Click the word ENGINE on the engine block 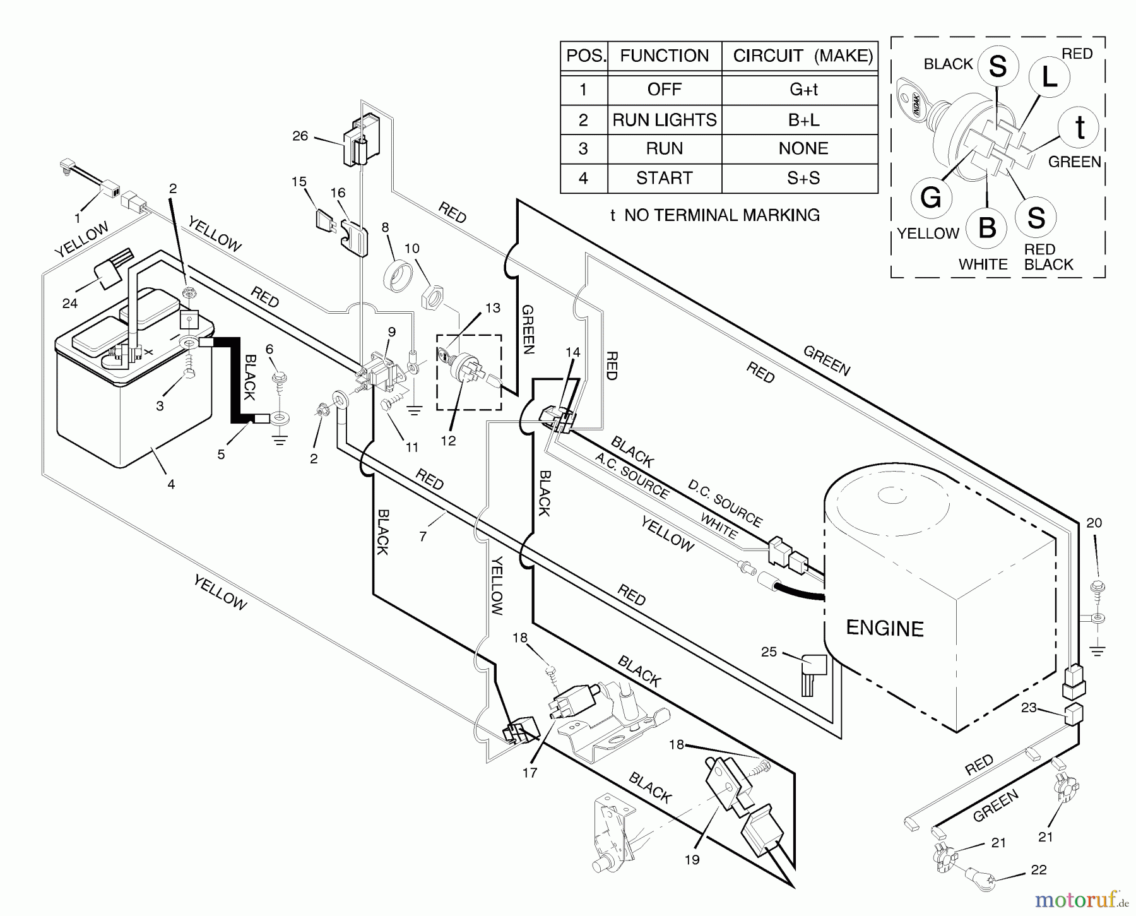coord(884,628)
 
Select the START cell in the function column coord(664,178)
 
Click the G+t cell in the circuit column coord(803,90)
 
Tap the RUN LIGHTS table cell coord(664,120)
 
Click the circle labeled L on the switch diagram coord(1048,77)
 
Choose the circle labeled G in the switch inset coord(931,198)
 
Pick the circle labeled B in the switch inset coord(987,227)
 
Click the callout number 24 coord(70,304)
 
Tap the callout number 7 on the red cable coord(423,537)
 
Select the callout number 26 coord(300,136)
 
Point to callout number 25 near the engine coord(769,651)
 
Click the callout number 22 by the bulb coord(1038,870)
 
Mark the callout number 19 coord(692,859)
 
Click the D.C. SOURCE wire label coord(725,503)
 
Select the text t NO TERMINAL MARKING coord(714,215)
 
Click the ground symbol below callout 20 coord(1098,650)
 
